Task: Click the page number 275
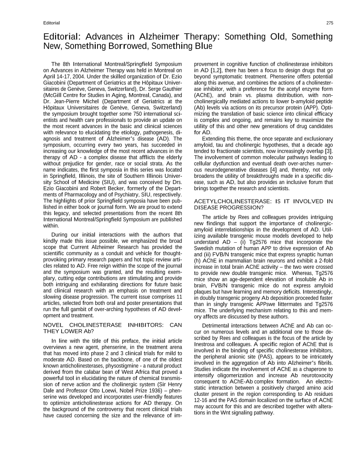click(x=330, y=23)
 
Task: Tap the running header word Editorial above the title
click(x=52, y=23)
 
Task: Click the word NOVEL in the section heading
click(x=54, y=325)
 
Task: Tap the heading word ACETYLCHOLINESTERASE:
click(x=231, y=201)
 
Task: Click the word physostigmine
click(x=121, y=366)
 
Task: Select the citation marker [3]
click(x=329, y=151)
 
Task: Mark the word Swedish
click(x=205, y=248)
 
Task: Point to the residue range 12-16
click(x=201, y=400)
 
